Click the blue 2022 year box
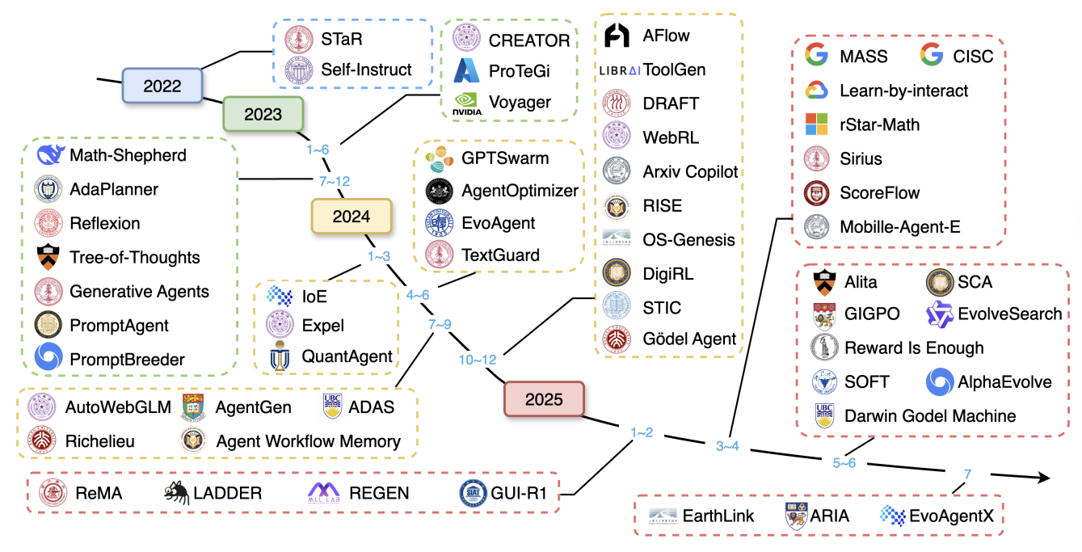[x=162, y=85]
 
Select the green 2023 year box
[x=263, y=113]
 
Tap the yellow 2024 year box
[x=352, y=216]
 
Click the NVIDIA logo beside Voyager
[x=466, y=103]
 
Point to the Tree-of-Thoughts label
[x=134, y=258]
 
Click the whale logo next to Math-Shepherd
[x=50, y=154]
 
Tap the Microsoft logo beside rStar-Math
[x=817, y=124]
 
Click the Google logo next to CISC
[x=932, y=57]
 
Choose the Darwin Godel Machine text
[x=930, y=416]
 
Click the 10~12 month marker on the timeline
[x=477, y=357]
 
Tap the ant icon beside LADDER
[x=176, y=491]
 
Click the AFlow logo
[x=617, y=36]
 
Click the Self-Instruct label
[x=366, y=70]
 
